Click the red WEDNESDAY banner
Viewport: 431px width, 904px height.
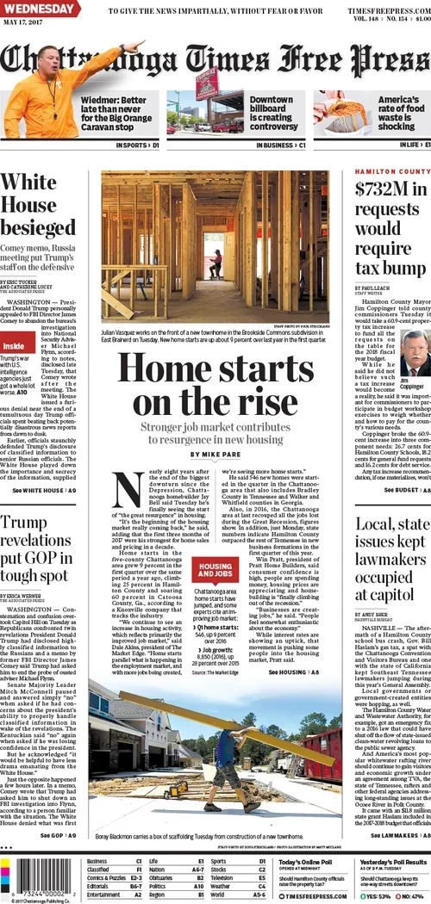tap(40, 9)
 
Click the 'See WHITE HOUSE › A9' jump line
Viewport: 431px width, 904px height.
tap(43, 491)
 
